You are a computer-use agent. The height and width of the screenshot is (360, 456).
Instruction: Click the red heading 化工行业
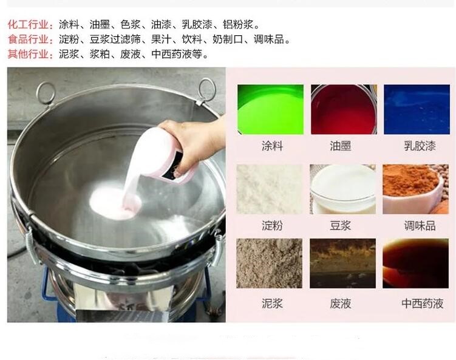coord(28,24)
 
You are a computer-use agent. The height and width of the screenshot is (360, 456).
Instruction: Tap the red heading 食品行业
coord(28,39)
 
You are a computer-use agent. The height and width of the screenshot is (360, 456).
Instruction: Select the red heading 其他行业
coord(28,54)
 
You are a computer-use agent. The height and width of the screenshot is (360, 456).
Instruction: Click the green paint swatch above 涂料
coord(270,109)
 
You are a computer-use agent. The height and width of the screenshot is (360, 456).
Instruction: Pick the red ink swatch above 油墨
coord(344,109)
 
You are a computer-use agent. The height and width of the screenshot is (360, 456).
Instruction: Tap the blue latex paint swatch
coord(417,109)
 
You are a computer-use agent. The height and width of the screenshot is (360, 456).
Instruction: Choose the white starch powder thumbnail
coord(270,189)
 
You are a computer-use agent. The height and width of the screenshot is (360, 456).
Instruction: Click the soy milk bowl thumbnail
coord(342,189)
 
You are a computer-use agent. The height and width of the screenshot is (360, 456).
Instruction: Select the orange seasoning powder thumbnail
coord(415,189)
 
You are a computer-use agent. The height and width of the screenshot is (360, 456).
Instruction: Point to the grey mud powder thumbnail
coord(270,263)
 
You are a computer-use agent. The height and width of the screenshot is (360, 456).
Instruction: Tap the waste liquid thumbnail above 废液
coord(342,263)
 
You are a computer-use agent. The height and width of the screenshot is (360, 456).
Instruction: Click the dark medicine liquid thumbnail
coord(415,263)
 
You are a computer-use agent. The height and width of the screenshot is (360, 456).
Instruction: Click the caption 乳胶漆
coord(420,146)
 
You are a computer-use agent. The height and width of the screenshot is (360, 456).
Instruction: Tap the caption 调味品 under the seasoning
coord(420,226)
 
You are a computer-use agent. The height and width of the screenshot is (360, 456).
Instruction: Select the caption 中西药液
coord(422,304)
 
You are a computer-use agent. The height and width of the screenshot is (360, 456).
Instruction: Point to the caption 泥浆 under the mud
coord(272,304)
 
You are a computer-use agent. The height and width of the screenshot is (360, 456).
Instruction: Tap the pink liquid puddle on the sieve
coord(115,203)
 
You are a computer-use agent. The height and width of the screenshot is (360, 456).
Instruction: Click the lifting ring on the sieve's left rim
coord(46,93)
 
